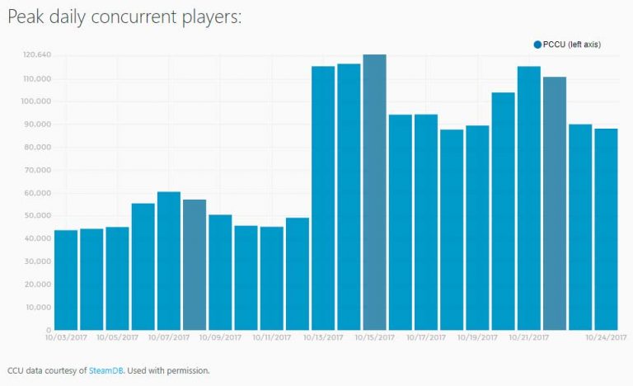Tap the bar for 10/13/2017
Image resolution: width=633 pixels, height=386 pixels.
point(323,198)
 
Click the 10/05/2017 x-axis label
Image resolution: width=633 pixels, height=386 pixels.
point(116,337)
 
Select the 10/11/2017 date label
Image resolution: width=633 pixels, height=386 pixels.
point(271,337)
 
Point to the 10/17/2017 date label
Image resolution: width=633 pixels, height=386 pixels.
point(425,337)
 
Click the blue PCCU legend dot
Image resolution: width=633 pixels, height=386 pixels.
point(537,44)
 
